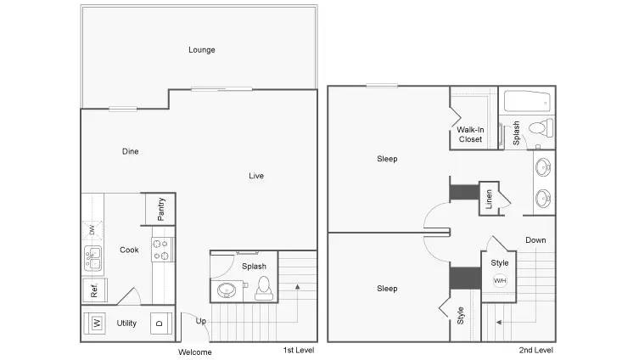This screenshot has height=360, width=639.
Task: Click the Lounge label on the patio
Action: click(201, 50)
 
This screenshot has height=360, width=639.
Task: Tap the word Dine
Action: click(130, 152)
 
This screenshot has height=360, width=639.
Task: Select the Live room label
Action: click(255, 177)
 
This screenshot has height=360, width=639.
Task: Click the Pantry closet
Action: click(160, 207)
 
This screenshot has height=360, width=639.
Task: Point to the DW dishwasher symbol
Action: click(92, 230)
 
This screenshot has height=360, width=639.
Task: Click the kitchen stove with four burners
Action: click(162, 250)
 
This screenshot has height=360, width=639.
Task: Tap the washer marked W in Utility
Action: click(98, 323)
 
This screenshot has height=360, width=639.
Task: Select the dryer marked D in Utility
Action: click(158, 323)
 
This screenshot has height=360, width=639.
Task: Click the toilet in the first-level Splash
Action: click(264, 288)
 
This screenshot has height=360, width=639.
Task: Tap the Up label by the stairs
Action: click(201, 321)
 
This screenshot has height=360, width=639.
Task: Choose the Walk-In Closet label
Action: click(470, 134)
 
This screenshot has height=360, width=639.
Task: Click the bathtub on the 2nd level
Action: click(526, 103)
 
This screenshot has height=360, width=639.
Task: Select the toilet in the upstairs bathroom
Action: click(540, 129)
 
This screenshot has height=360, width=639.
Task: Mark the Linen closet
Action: click(490, 200)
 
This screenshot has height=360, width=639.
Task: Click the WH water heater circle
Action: click(500, 281)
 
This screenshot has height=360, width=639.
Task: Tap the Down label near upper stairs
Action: click(535, 240)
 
